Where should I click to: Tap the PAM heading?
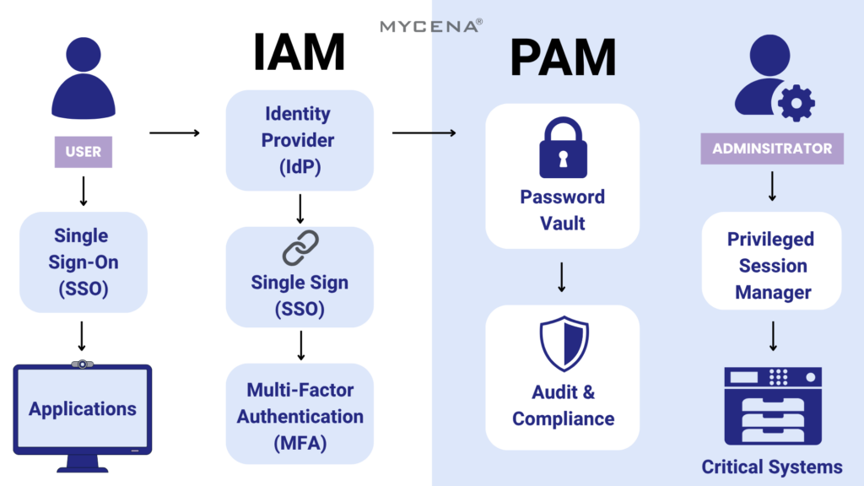563,58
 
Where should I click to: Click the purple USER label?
83,152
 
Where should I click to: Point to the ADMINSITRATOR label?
772,148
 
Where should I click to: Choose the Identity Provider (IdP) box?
300,140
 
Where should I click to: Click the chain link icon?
300,248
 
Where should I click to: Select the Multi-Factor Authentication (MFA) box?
300,415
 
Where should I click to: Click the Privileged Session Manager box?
772,265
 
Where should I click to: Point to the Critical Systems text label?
772,467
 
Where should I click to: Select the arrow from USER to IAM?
175,132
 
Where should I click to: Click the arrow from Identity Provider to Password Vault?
424,132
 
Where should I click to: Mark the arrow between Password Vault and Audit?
562,277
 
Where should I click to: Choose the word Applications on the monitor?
83,409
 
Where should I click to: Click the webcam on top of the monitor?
82,364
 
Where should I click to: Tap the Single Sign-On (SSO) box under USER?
83,262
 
